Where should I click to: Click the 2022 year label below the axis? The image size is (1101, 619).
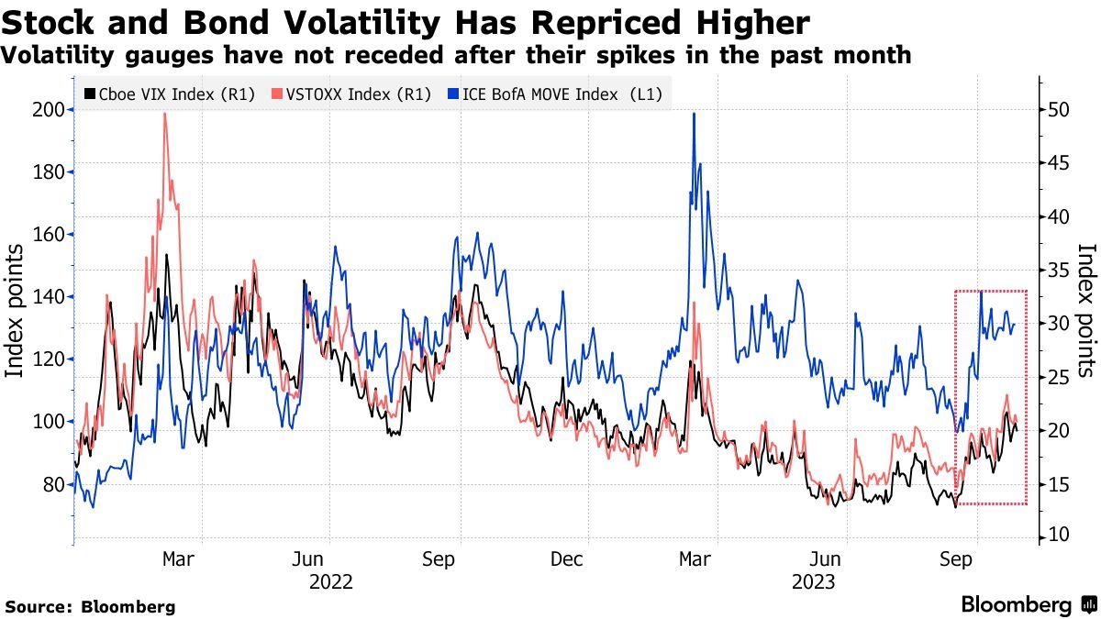[330, 581]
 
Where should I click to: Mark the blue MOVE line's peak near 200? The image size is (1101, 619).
[694, 114]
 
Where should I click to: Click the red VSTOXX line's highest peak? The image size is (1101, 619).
[164, 114]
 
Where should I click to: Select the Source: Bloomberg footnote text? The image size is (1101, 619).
[90, 606]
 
